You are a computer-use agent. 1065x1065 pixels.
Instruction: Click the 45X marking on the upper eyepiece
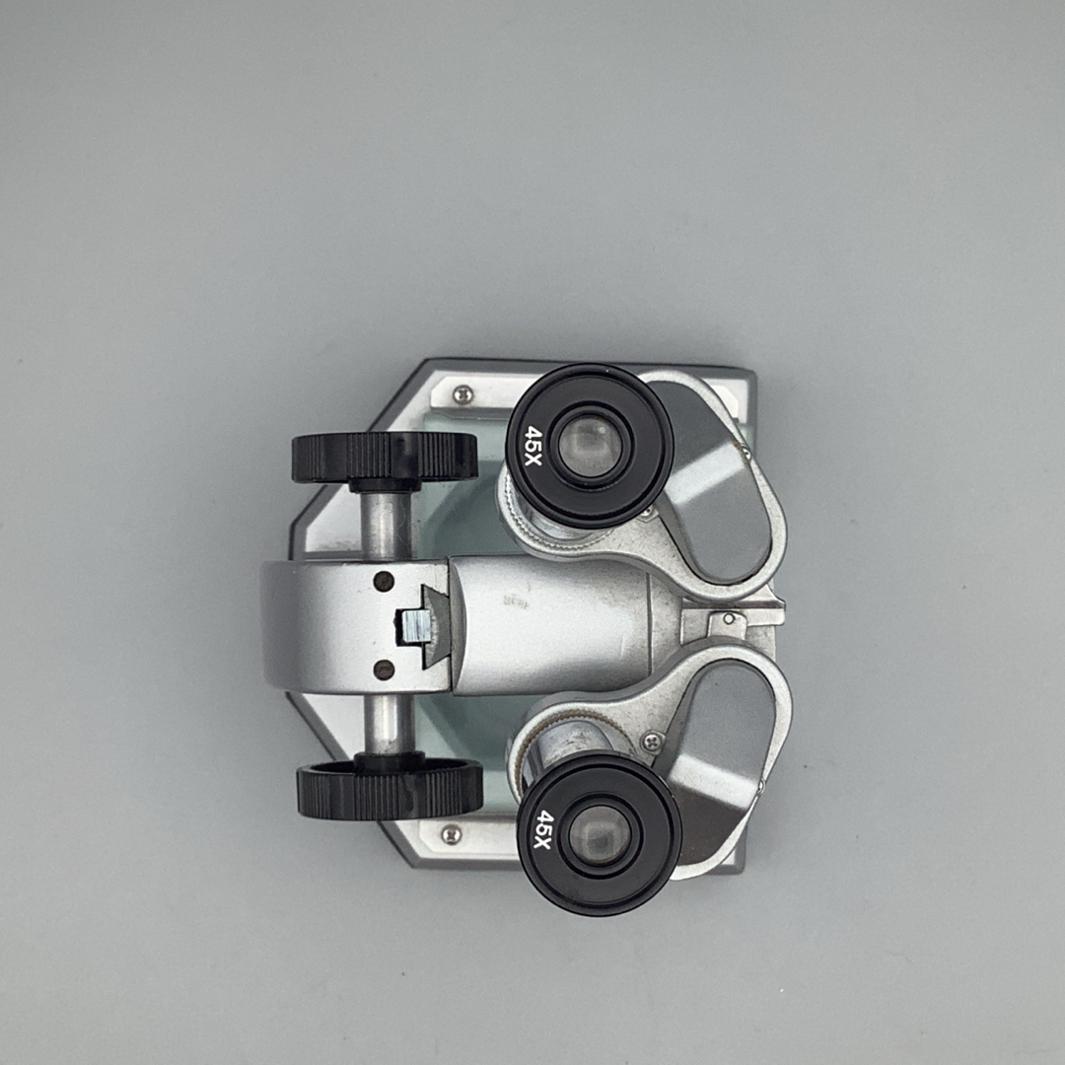533,446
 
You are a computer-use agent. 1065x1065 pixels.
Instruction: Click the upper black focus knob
385,459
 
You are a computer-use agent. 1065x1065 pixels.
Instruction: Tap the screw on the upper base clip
463,393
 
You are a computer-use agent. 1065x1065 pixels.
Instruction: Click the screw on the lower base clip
451,834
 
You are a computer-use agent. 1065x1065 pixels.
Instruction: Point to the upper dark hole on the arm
384,582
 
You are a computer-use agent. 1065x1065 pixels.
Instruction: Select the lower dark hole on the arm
385,670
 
